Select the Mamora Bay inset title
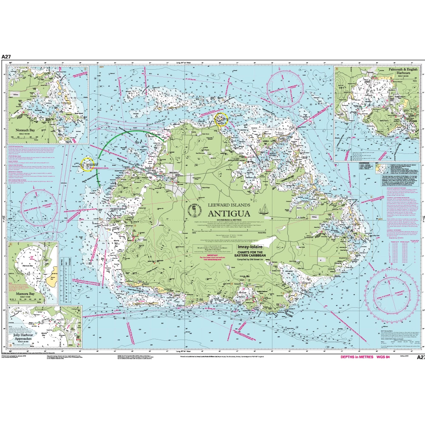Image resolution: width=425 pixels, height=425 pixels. coord(25,293)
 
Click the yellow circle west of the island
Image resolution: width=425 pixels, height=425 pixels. coord(87,163)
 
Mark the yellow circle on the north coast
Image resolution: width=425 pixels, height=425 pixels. coord(221,119)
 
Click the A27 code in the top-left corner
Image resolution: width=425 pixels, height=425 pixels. coord(6,56)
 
